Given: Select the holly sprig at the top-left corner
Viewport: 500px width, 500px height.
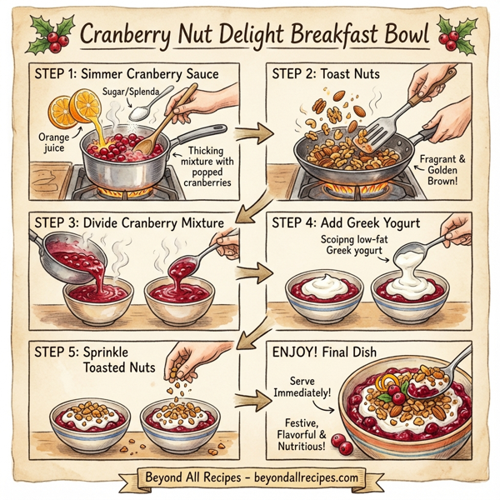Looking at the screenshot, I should pos(52,34).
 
